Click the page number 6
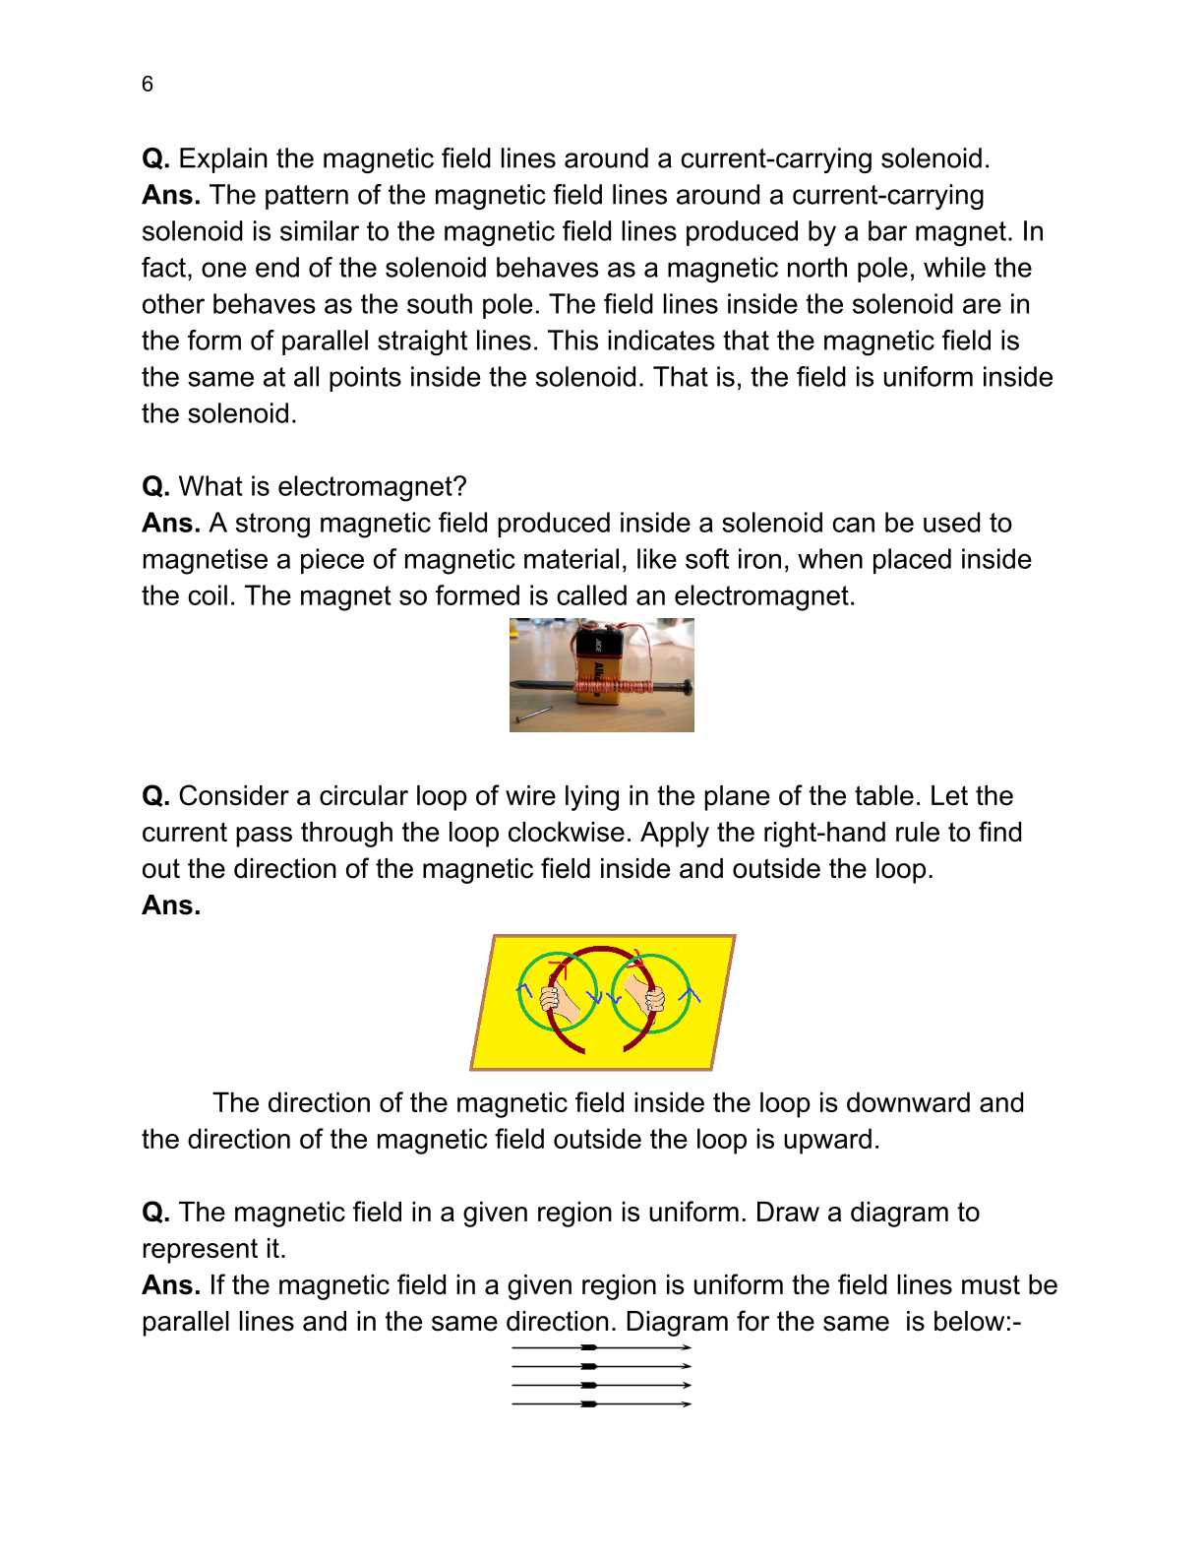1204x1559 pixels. [148, 85]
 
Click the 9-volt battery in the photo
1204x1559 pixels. [596, 664]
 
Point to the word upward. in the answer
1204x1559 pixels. [831, 1139]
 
